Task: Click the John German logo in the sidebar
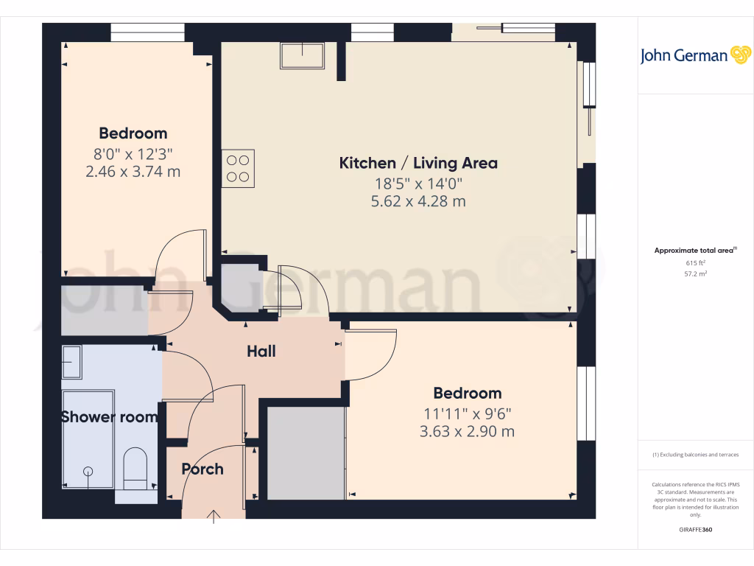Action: coord(695,55)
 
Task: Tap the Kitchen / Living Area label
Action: coord(418,163)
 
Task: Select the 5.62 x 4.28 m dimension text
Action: coord(418,201)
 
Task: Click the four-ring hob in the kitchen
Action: coord(238,168)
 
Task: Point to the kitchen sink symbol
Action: coord(302,55)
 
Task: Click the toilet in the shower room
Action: coord(135,469)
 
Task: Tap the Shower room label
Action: coord(109,417)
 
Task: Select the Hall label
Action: coord(261,352)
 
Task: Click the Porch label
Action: coord(202,469)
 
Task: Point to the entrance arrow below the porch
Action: coord(214,515)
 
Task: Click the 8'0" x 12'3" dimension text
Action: coord(133,154)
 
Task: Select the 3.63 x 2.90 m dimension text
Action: coord(467,432)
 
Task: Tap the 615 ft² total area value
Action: coord(695,262)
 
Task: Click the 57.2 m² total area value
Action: coord(695,273)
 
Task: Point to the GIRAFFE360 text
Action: coord(696,530)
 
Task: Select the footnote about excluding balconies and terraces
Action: coord(696,455)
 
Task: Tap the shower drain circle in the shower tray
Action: coord(88,470)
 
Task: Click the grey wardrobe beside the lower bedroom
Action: coord(306,453)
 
